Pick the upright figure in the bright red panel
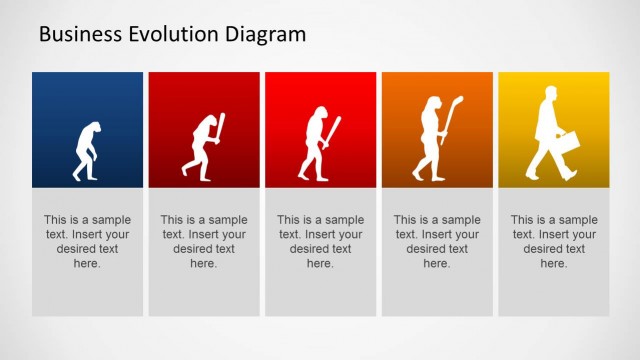(318, 144)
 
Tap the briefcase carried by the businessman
(567, 143)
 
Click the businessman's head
(550, 94)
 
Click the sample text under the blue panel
(87, 241)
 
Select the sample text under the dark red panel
(204, 241)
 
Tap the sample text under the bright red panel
(320, 241)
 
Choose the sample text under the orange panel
(437, 241)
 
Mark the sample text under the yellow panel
(554, 241)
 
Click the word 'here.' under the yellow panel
(554, 264)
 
